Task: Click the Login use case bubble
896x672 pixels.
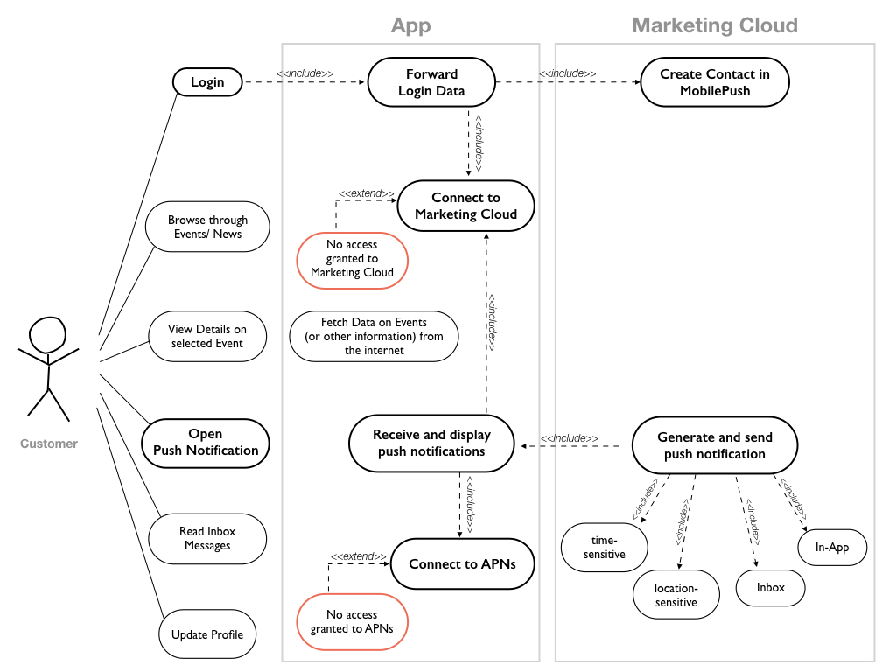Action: pyautogui.click(x=207, y=82)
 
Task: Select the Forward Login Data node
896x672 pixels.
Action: pyautogui.click(x=431, y=82)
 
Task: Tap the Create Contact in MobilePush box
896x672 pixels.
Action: pyautogui.click(x=715, y=82)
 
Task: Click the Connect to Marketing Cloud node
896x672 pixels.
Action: pyautogui.click(x=465, y=206)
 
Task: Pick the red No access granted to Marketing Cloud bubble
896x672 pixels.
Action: pyautogui.click(x=353, y=259)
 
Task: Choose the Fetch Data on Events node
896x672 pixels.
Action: pyautogui.click(x=374, y=337)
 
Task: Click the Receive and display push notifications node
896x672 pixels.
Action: pyautogui.click(x=431, y=444)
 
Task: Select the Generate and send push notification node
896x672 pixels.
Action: pyautogui.click(x=715, y=445)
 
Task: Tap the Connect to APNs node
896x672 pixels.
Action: pyautogui.click(x=462, y=564)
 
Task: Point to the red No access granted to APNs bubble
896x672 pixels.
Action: pyautogui.click(x=353, y=622)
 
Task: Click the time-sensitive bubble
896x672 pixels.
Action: pyautogui.click(x=605, y=548)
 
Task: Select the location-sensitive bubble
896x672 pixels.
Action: pyautogui.click(x=676, y=596)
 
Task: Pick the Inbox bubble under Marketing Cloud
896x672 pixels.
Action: pyautogui.click(x=770, y=588)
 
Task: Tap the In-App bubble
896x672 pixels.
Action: pyautogui.click(x=832, y=548)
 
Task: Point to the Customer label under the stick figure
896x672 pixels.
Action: pyautogui.click(x=49, y=444)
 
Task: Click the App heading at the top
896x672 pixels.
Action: pyautogui.click(x=410, y=25)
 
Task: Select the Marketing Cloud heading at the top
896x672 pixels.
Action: pyautogui.click(x=715, y=25)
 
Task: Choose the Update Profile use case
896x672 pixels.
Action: pyautogui.click(x=207, y=634)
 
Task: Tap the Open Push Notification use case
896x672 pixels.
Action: pyautogui.click(x=206, y=443)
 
